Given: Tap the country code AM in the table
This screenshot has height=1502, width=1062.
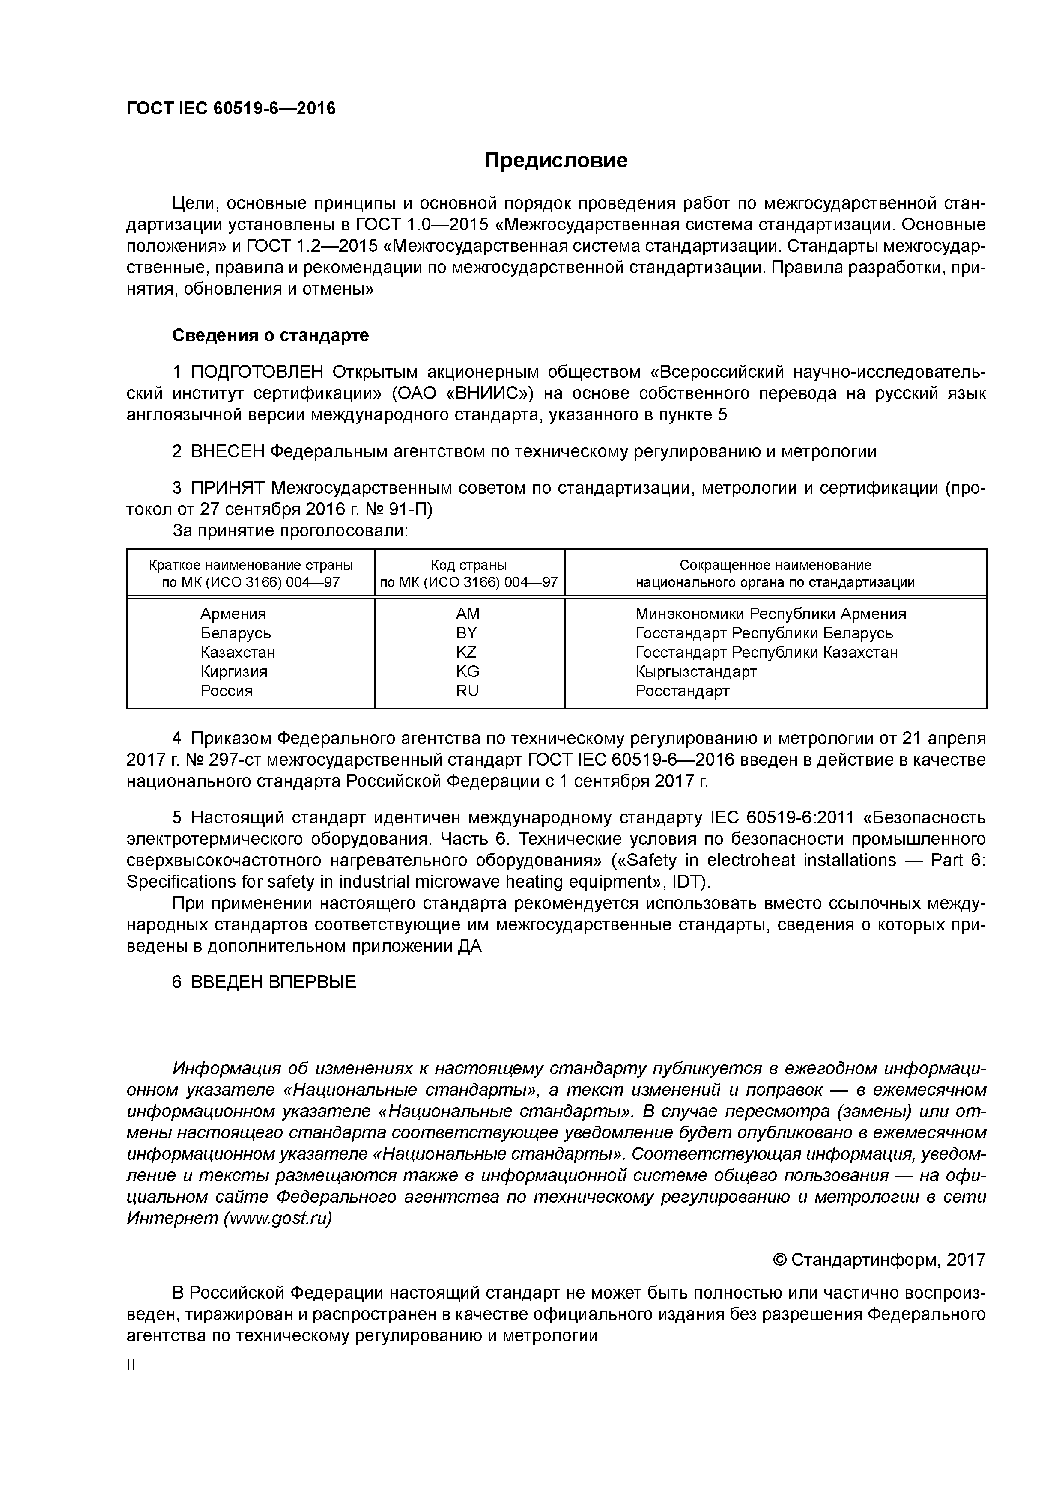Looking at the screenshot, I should point(468,614).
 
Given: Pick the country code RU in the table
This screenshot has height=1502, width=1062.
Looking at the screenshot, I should point(467,691).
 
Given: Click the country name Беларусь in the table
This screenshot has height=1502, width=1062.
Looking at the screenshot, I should point(236,633).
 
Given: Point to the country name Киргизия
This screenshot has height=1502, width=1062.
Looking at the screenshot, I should point(234,672).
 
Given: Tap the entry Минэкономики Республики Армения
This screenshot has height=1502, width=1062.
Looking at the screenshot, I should point(770,614).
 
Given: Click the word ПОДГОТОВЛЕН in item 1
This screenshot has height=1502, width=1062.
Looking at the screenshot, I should point(257,372).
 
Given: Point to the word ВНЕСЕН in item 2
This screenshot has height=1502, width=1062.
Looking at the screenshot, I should point(228,451).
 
